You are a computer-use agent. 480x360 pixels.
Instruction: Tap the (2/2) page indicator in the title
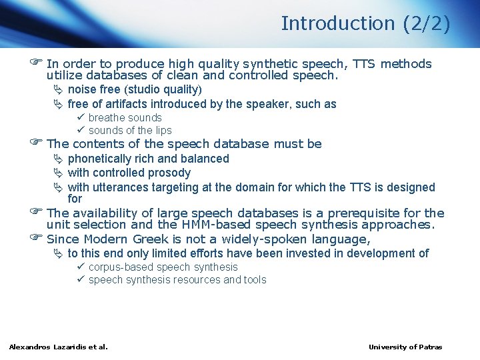point(427,23)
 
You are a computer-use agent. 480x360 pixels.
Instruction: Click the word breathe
point(107,118)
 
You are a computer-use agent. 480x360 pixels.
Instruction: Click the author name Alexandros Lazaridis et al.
point(58,347)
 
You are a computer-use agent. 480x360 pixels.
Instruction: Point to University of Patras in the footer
point(405,347)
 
